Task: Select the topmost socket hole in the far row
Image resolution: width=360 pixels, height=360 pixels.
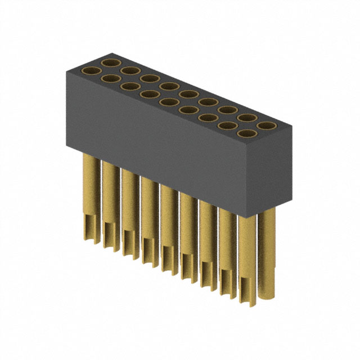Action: [x=110, y=61]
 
